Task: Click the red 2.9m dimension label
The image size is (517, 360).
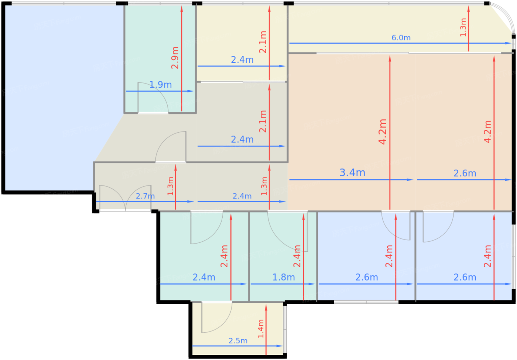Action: (x=175, y=58)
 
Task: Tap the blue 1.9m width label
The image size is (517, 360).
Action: (x=161, y=85)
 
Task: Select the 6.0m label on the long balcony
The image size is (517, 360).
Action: (x=401, y=38)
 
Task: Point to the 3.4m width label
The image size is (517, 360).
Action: (x=352, y=173)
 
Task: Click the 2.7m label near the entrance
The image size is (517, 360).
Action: (x=145, y=196)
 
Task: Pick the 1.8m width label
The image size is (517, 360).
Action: (x=284, y=277)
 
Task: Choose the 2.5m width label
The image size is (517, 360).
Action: (x=238, y=340)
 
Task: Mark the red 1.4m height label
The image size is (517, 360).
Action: (x=261, y=329)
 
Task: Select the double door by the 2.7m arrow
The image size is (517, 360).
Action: (x=125, y=198)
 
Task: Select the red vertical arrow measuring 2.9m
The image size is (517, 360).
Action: (x=182, y=59)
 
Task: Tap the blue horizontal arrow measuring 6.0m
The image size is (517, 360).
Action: (x=400, y=43)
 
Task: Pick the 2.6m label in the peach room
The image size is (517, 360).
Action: (x=465, y=173)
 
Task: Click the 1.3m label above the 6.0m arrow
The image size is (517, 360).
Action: (x=463, y=27)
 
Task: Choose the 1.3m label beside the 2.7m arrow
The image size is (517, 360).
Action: (x=170, y=186)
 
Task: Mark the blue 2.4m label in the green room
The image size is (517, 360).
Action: (x=204, y=277)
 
